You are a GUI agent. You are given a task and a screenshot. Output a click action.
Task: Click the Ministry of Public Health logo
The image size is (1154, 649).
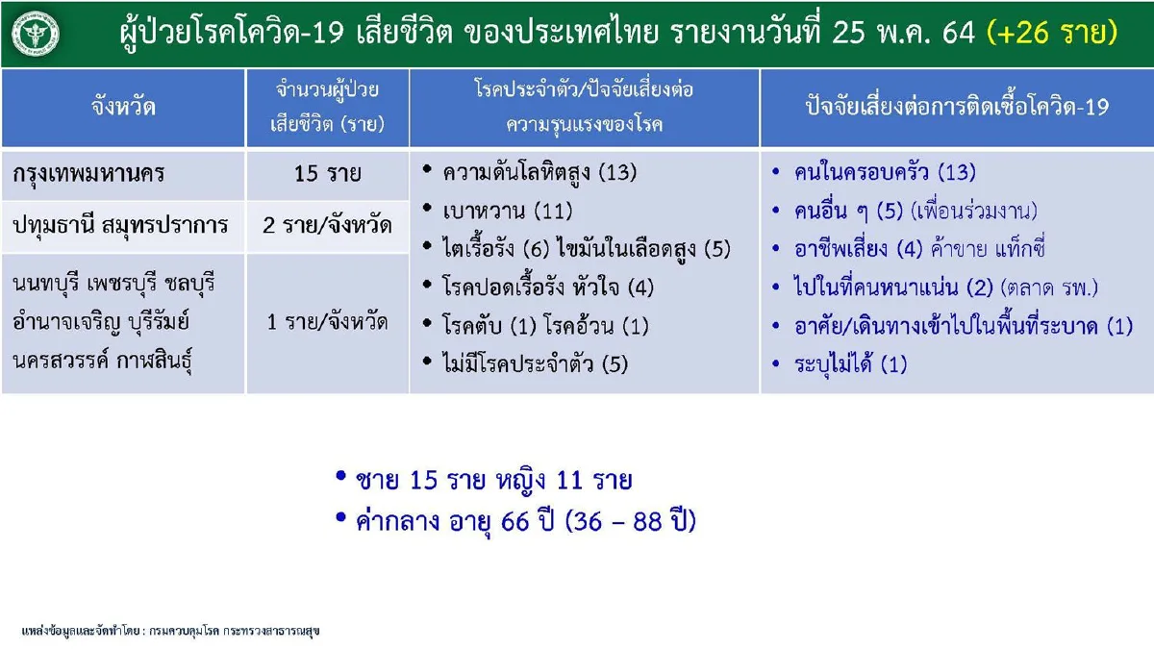click(36, 35)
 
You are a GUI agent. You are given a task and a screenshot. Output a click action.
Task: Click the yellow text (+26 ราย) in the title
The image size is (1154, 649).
click(1053, 34)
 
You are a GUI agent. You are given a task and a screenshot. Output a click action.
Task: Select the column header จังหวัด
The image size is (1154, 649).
click(124, 108)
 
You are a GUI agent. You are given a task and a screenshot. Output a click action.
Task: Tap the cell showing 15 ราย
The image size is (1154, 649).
click(328, 174)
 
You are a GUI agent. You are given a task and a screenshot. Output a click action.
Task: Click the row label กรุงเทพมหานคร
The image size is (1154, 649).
click(89, 174)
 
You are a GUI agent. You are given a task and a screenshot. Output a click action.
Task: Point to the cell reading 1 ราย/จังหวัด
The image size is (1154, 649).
click(328, 321)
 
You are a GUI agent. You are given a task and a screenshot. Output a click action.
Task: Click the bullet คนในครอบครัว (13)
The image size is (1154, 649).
click(885, 173)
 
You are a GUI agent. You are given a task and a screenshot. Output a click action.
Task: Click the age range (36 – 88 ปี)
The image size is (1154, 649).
click(631, 522)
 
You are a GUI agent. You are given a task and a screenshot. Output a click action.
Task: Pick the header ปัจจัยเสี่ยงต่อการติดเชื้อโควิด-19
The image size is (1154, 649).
click(957, 108)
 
